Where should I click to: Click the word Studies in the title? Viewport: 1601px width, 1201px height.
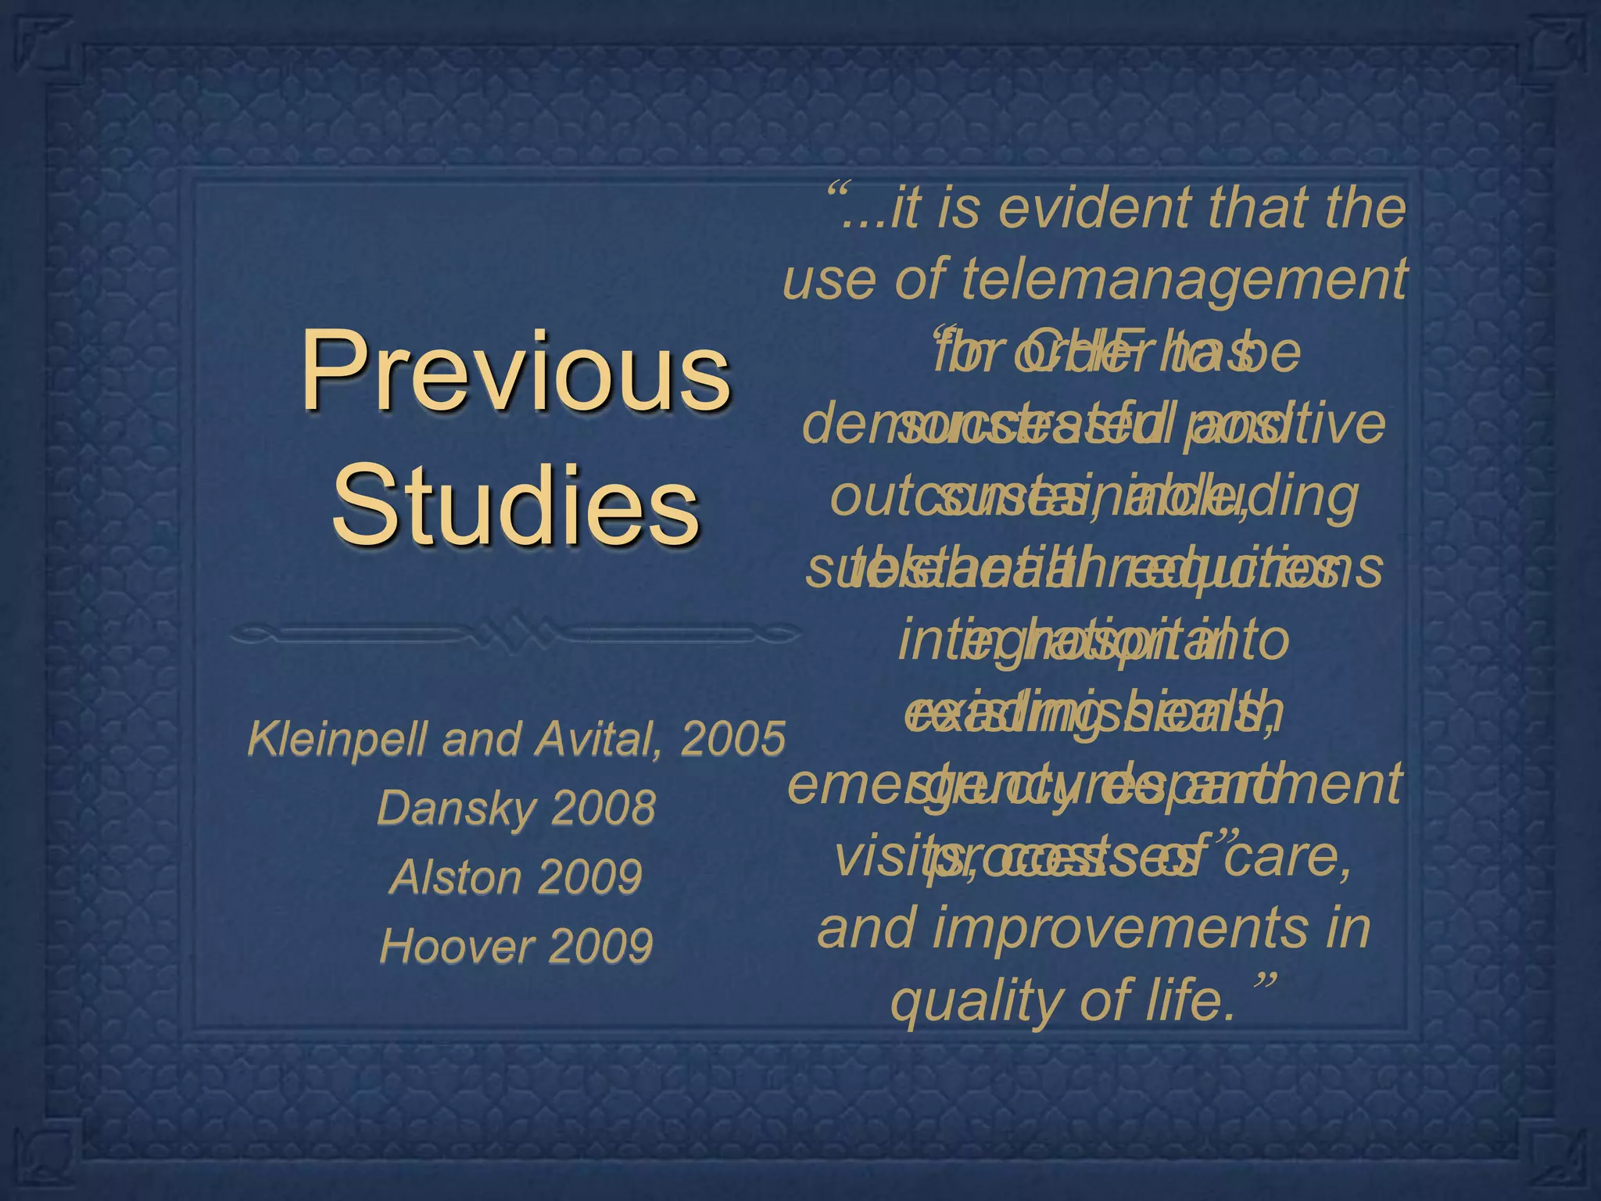516,505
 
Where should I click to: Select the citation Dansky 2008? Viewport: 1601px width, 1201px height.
516,808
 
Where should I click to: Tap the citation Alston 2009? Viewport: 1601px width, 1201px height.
516,877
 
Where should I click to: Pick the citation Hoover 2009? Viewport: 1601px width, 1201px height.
516,945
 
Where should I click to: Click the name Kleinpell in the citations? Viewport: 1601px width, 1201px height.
340,739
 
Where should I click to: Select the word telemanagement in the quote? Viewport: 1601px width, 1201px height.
1184,278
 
